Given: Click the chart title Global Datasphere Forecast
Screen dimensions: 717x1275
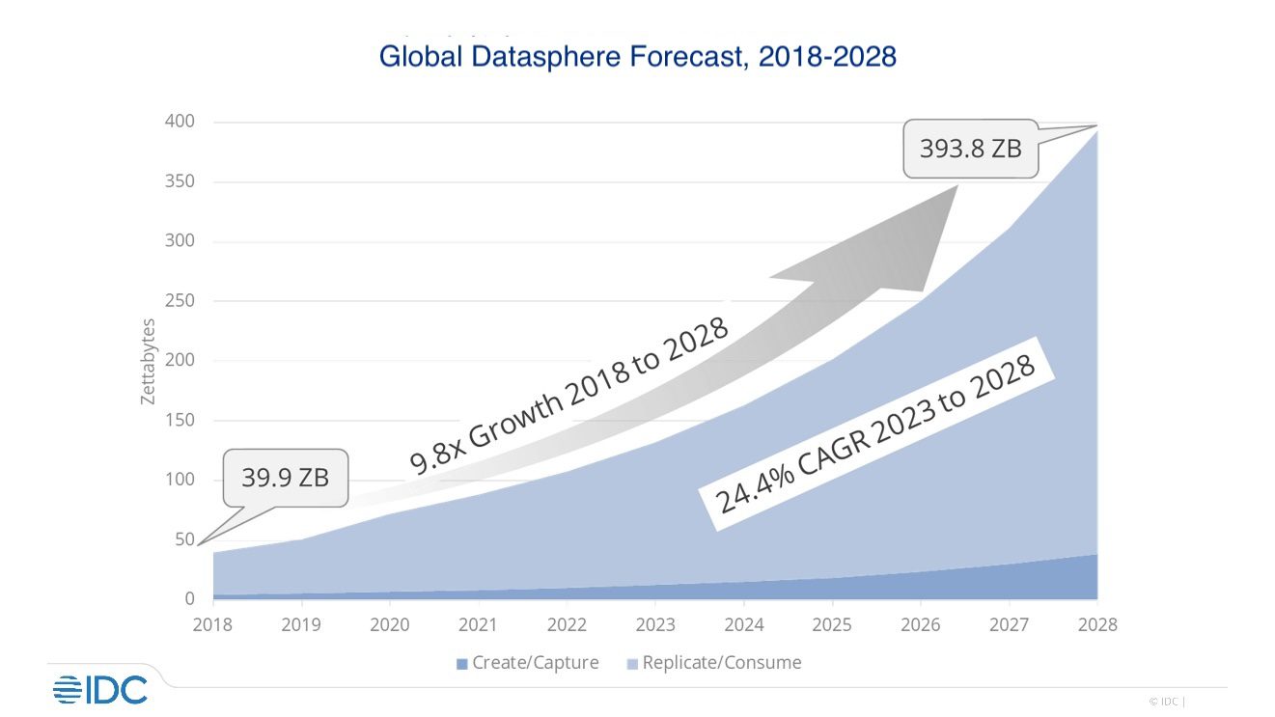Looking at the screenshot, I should (x=637, y=57).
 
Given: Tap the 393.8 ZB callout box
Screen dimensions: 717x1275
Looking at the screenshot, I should (x=970, y=149).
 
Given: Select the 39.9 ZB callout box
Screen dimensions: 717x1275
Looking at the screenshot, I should (x=285, y=477).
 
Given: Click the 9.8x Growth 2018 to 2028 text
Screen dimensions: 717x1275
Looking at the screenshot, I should (x=569, y=396).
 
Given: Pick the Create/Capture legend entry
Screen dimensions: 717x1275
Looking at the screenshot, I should (x=528, y=663).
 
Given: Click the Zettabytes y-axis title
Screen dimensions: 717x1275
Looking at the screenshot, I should (x=148, y=361).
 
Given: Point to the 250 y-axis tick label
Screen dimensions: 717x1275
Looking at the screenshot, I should (x=180, y=301).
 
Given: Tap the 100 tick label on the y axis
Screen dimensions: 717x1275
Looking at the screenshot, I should (x=180, y=480).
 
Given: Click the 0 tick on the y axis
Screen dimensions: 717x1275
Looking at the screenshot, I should (x=189, y=599).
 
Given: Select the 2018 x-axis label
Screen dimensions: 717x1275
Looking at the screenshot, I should (x=212, y=624).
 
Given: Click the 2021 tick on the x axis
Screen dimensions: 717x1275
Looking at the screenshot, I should (x=479, y=624).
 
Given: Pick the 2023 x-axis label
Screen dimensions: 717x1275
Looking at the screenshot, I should (x=655, y=624).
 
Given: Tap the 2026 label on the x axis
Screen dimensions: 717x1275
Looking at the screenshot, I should (x=921, y=624).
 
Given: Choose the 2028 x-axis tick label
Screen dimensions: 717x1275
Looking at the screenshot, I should (x=1097, y=624).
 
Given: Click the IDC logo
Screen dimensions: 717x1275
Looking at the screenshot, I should (x=100, y=689).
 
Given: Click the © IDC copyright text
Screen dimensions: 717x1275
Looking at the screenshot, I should (x=1166, y=702).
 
